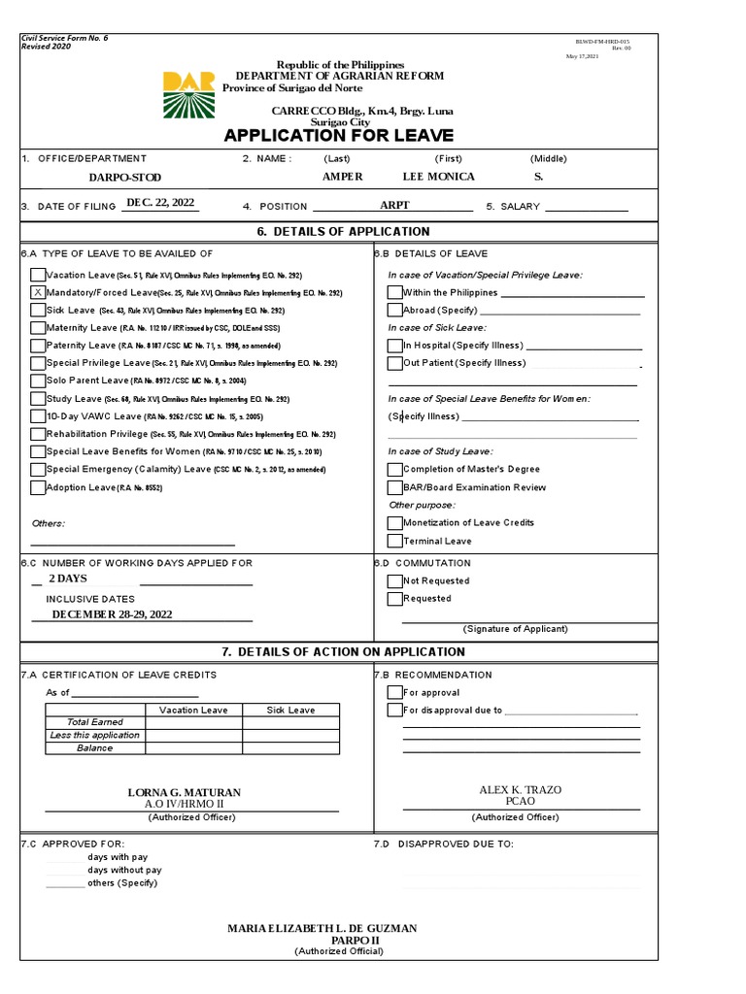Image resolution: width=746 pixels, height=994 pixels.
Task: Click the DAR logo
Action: coord(189,94)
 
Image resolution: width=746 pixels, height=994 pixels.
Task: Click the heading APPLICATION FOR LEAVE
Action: coord(325,135)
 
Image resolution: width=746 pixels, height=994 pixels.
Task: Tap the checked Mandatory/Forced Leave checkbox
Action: coord(38,292)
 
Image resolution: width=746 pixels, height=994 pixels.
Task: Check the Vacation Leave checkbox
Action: coord(38,275)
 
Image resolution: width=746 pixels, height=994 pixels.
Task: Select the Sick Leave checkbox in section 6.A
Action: coord(38,310)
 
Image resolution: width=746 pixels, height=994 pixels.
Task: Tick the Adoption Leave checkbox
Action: coord(38,487)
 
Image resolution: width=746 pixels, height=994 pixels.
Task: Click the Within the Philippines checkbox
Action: coord(394,292)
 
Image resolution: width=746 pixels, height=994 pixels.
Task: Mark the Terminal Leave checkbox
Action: coord(394,541)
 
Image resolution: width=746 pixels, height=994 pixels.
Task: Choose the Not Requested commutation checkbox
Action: coord(394,580)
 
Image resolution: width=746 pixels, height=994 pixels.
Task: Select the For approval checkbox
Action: coord(394,692)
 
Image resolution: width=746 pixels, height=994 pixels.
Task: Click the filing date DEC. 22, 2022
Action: coord(160,202)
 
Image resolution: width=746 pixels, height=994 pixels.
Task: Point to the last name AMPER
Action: coord(342,177)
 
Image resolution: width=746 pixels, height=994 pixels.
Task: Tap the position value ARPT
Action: coord(395,205)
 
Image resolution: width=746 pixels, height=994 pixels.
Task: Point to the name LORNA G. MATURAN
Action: coord(185,793)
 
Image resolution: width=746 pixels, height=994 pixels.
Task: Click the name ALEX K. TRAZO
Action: coord(521,790)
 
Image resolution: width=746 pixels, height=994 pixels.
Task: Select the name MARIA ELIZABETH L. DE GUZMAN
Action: coord(322,929)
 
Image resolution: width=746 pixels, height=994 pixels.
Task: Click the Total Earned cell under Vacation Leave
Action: coord(193,722)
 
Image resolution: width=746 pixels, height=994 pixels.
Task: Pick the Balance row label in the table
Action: coord(95,748)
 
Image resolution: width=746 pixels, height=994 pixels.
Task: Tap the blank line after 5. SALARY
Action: coord(586,208)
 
